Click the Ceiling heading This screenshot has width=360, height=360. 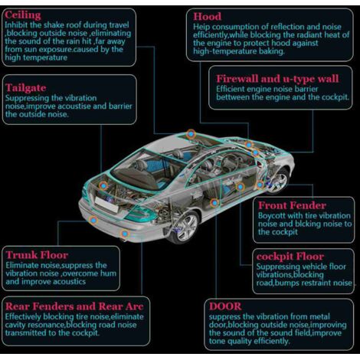23,15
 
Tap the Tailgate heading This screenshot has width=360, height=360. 26,88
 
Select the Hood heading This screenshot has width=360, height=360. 207,17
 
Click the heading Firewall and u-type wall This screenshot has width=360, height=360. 277,79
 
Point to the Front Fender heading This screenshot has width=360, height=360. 292,205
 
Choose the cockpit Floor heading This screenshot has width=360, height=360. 290,257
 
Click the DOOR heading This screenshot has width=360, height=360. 225,306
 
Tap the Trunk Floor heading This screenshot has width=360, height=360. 37,255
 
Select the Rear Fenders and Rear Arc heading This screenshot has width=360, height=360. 74,306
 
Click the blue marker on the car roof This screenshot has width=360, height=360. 191,134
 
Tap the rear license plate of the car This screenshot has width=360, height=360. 106,205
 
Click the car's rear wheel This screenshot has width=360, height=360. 186,227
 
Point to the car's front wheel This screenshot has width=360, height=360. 277,181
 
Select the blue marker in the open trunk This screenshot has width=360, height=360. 103,185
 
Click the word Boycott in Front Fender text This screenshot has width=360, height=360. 272,216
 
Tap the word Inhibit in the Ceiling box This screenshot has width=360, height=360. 16,25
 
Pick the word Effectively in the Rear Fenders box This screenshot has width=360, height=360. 23,317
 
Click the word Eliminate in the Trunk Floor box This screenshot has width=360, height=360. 21,265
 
